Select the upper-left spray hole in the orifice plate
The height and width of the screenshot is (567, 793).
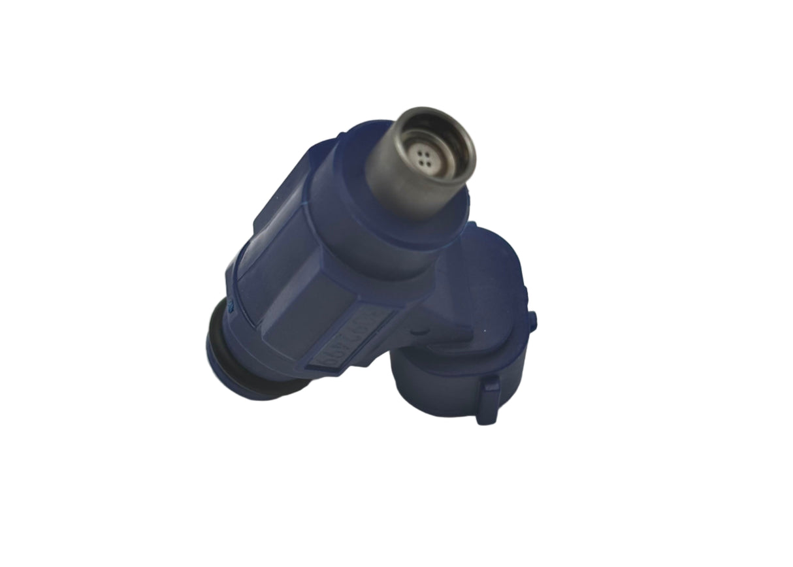pyautogui.click(x=419, y=152)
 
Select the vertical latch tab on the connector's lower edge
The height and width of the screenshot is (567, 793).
pyautogui.click(x=487, y=402)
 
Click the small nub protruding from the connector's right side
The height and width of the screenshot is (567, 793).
pyautogui.click(x=533, y=321)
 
